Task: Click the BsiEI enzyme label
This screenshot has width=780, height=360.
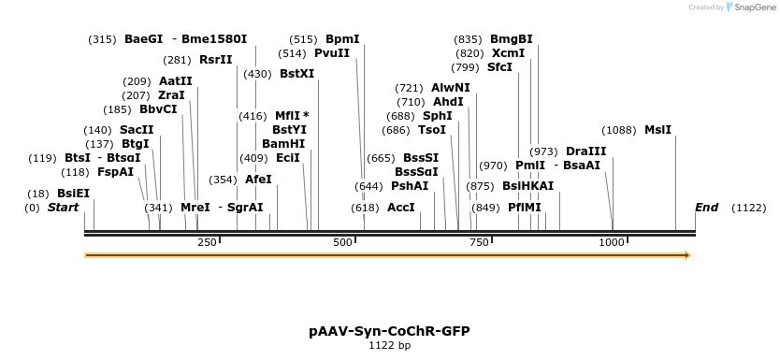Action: pos(73,193)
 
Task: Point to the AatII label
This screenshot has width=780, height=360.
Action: pos(175,80)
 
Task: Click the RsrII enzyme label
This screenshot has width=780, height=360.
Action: pos(215,60)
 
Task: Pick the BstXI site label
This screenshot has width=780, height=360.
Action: pos(296,74)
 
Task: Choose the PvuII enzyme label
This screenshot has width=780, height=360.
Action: pos(332,53)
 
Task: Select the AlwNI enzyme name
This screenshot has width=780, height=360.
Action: pos(451,88)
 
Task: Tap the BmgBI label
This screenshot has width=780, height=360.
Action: pos(512,39)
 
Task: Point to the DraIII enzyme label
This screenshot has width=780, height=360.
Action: pos(585,151)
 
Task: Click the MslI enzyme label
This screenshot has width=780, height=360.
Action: pos(657,130)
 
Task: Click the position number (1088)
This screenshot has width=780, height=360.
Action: pos(618,130)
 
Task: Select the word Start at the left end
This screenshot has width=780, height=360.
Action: pos(63,207)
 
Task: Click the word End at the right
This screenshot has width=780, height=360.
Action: pos(706,207)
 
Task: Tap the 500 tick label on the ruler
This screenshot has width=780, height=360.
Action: pos(343,242)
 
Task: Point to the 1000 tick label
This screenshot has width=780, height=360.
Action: pos(612,242)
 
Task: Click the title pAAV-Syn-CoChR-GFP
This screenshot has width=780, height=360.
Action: pos(389,331)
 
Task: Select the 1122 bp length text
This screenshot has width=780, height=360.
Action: pos(389,345)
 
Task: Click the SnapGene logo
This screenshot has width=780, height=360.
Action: pos(747,7)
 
